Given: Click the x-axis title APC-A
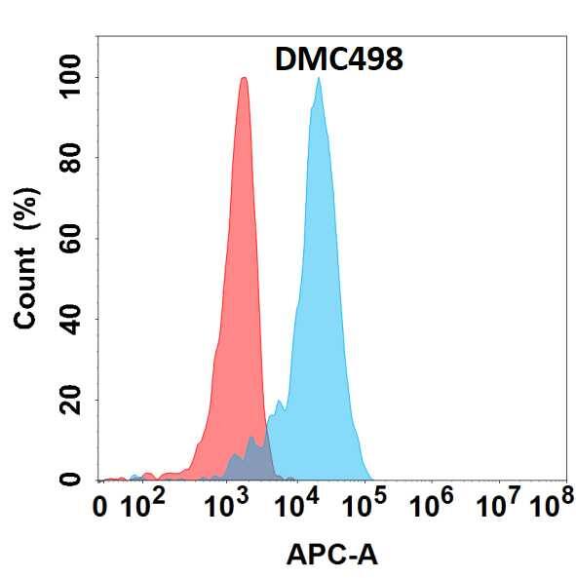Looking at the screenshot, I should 331,556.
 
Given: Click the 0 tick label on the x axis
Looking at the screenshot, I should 99,507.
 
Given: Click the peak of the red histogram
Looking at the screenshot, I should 244,80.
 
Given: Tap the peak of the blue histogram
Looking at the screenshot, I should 318,80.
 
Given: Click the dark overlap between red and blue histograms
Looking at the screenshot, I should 252,458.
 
